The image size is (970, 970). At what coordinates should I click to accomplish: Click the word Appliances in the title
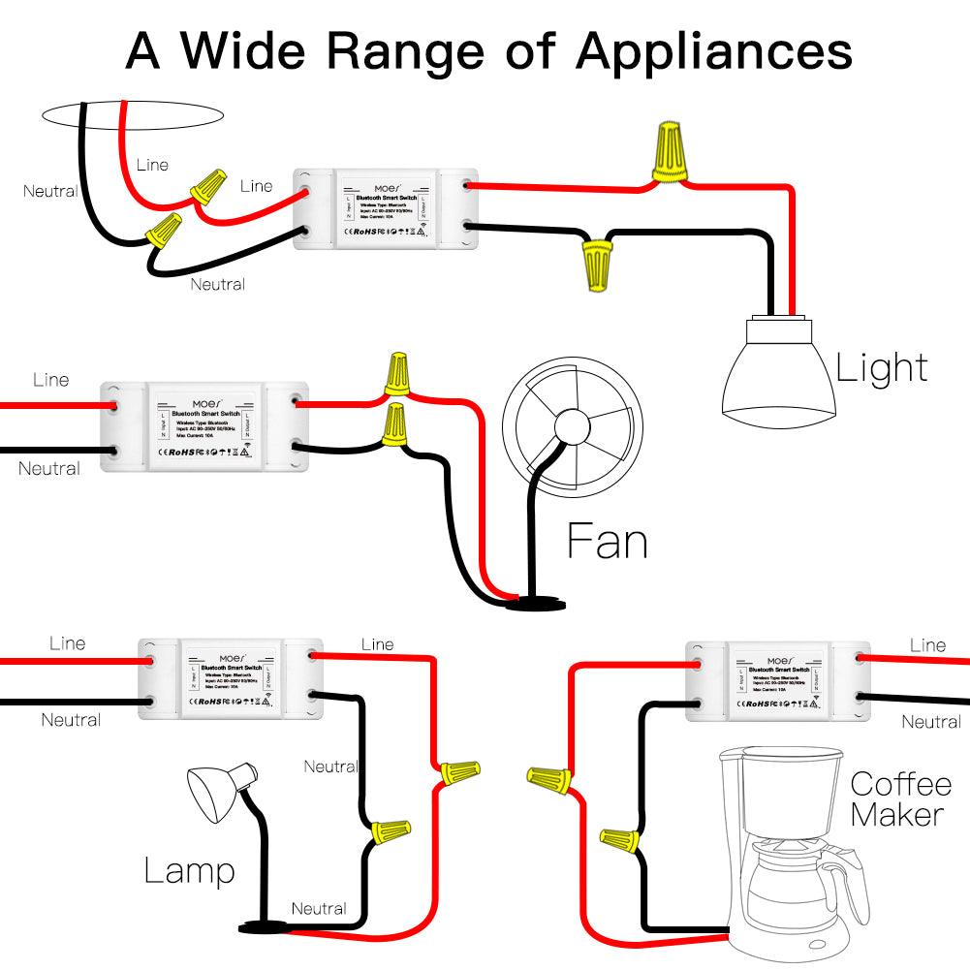pyautogui.click(x=714, y=50)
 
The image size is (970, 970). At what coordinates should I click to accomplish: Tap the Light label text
pyautogui.click(x=882, y=368)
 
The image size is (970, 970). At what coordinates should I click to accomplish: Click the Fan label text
pyautogui.click(x=607, y=541)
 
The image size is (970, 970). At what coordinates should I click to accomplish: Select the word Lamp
pyautogui.click(x=189, y=870)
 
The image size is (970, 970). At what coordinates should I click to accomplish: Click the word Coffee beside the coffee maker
pyautogui.click(x=895, y=784)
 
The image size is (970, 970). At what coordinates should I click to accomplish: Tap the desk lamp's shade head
pyautogui.click(x=219, y=790)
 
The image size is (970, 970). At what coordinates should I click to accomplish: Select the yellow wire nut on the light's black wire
pyautogui.click(x=595, y=265)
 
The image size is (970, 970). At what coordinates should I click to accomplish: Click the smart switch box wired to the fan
pyautogui.click(x=205, y=425)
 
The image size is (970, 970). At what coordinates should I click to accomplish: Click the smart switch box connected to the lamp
pyautogui.click(x=231, y=678)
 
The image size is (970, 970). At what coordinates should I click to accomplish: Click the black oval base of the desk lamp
pyautogui.click(x=265, y=928)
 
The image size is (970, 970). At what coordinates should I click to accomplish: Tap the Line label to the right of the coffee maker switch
pyautogui.click(x=927, y=645)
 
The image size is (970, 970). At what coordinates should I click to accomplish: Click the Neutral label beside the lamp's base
pyautogui.click(x=319, y=908)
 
